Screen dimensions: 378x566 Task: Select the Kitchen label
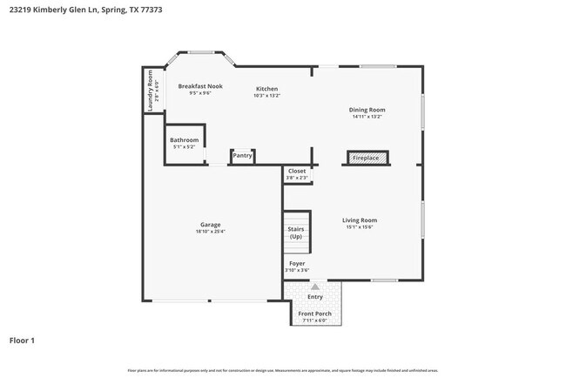(x=266, y=89)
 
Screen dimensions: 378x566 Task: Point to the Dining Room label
(x=367, y=110)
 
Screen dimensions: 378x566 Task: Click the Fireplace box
(x=365, y=159)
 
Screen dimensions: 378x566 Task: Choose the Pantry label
(x=242, y=156)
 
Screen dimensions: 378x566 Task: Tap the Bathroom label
(x=184, y=140)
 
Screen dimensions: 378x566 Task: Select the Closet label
(x=297, y=172)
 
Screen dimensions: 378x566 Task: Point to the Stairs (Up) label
(x=296, y=233)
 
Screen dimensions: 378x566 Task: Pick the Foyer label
(x=297, y=263)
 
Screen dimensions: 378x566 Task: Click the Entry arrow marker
(x=314, y=285)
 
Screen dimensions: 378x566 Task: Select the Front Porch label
(x=314, y=314)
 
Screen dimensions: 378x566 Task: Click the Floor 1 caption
(x=22, y=341)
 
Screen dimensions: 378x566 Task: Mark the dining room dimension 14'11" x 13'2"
(x=367, y=117)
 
